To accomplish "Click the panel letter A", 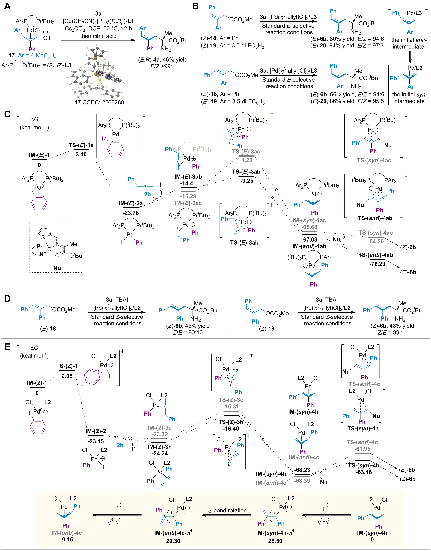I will [8, 6].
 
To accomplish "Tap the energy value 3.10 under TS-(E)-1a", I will [81, 155].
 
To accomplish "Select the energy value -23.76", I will [131, 213].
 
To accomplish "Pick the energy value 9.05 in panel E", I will [67, 376].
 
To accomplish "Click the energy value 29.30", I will [173, 541].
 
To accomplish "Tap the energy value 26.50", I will [275, 541].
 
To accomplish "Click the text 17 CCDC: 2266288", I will [99, 102].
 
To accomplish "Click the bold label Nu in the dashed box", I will [57, 268].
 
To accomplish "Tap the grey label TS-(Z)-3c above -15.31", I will [231, 400].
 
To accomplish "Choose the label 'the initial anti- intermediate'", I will [409, 43].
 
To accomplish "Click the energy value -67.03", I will [309, 239].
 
